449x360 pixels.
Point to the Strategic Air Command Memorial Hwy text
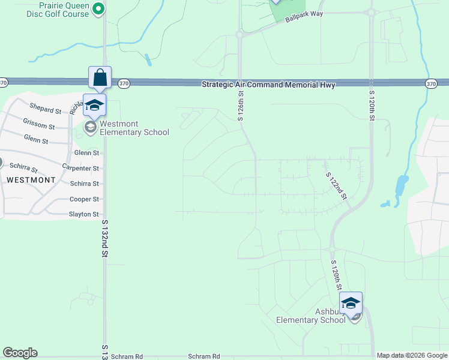coord(268,85)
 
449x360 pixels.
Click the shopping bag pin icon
coord(100,77)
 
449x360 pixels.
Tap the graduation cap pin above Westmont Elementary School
coord(94,105)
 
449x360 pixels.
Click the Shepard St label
coord(46,111)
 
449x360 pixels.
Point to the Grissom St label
coord(39,127)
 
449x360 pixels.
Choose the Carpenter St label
coord(80,169)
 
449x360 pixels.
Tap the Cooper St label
coord(84,199)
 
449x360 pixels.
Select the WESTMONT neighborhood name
coord(31,179)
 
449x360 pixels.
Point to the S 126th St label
coord(240,106)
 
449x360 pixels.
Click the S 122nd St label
coord(337,185)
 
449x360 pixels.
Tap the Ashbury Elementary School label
coord(310,316)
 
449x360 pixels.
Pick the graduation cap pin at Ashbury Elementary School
coord(351,302)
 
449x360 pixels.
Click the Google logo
coord(20,353)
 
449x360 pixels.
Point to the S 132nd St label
coord(104,241)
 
